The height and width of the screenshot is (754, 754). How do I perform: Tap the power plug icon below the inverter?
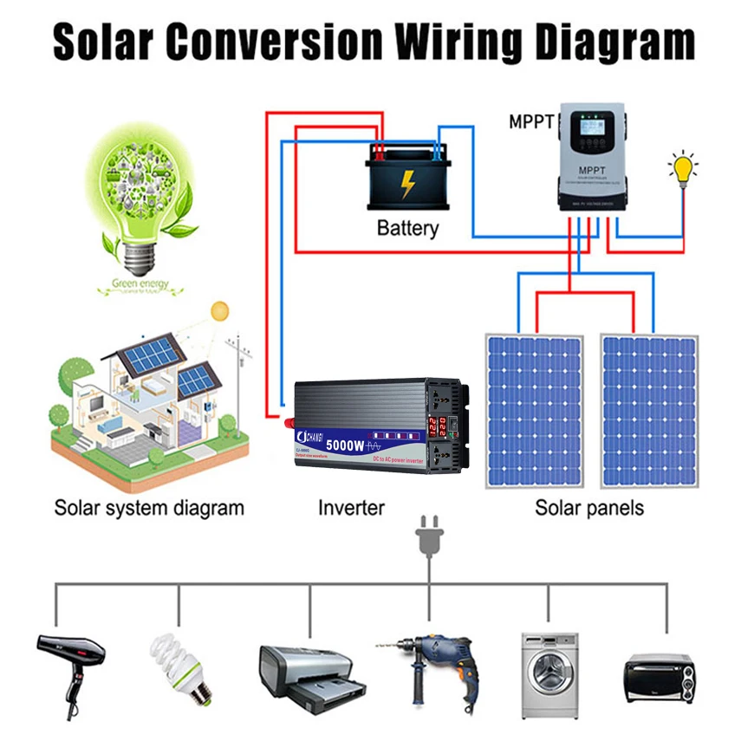point(428,536)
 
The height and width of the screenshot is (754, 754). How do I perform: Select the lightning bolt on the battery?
point(407,183)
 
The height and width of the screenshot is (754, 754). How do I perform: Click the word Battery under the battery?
point(407,229)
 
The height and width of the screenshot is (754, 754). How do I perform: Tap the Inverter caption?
point(350,507)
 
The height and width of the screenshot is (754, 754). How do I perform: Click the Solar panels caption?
point(589,507)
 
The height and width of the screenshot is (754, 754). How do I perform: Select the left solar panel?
point(534,411)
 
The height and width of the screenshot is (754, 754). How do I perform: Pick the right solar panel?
point(649,411)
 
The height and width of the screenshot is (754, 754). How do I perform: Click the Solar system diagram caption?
point(149,507)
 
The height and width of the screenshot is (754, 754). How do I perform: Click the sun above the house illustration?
point(219,309)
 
